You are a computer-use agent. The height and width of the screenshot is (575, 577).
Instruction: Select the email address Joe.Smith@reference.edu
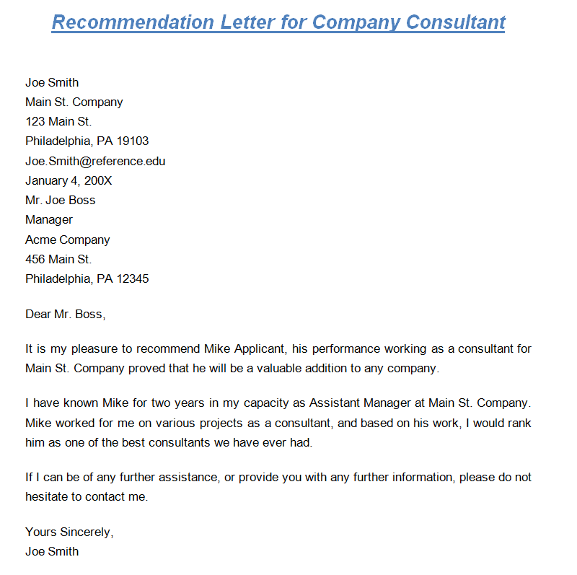click(95, 161)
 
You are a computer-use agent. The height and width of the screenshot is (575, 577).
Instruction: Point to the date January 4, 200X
click(69, 180)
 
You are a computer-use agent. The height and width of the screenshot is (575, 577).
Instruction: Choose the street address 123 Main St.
click(58, 121)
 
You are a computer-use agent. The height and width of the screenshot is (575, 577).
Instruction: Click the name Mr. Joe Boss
click(60, 200)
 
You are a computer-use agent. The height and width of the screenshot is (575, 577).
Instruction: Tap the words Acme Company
click(68, 240)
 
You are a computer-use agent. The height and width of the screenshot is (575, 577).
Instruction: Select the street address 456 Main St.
click(58, 259)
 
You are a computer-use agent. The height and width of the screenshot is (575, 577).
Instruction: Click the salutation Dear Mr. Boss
click(65, 314)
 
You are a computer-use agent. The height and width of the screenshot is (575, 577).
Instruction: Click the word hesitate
click(50, 497)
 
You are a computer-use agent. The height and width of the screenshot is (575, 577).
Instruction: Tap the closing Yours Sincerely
click(69, 532)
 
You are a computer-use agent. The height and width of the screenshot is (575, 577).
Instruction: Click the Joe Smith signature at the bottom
click(52, 552)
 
